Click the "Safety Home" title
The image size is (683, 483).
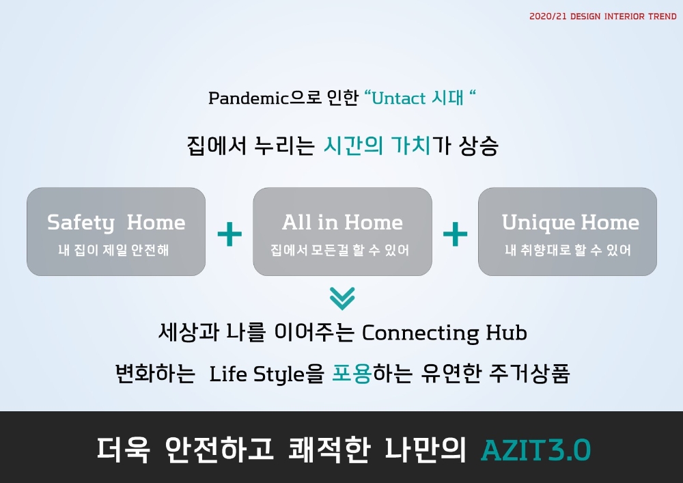pyautogui.click(x=116, y=223)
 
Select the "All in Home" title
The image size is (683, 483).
pyautogui.click(x=342, y=223)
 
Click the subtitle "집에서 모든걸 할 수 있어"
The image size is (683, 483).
pyautogui.click(x=340, y=251)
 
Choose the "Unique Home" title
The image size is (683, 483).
pyautogui.click(x=570, y=223)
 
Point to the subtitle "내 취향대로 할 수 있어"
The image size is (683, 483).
pyautogui.click(x=568, y=251)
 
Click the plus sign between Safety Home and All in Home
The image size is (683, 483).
pyautogui.click(x=229, y=235)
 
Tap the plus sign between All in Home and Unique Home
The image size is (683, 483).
pyautogui.click(x=455, y=235)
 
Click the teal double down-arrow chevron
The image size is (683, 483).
pyautogui.click(x=342, y=298)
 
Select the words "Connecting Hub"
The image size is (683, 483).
pyautogui.click(x=444, y=333)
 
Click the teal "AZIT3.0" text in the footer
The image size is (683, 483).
pyautogui.click(x=535, y=450)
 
